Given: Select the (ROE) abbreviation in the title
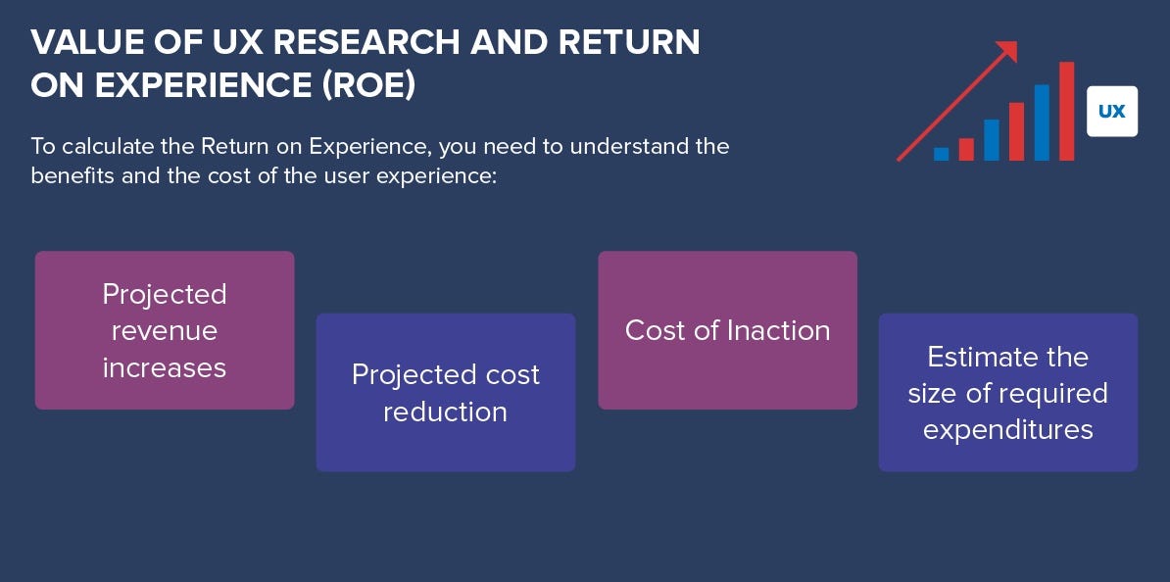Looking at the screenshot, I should click(x=368, y=85).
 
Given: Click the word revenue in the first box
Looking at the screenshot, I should click(x=165, y=330).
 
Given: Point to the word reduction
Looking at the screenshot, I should click(x=445, y=412).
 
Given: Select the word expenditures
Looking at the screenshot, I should click(x=1007, y=429).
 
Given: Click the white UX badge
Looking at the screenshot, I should click(x=1112, y=111).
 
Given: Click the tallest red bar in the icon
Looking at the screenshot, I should click(x=1066, y=111).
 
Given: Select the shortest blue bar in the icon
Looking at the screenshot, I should click(x=942, y=154).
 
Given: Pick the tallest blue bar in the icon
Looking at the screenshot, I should click(x=1042, y=122).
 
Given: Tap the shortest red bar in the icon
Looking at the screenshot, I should click(x=966, y=149).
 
